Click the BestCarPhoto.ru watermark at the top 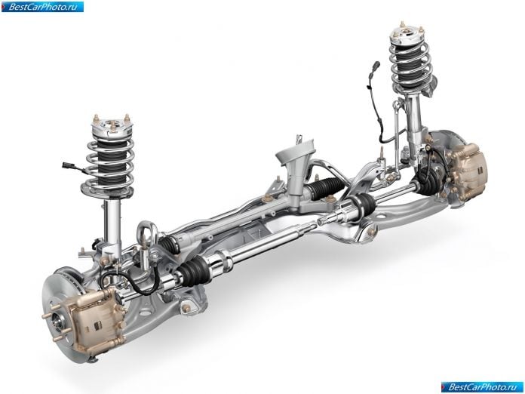[x=42, y=6]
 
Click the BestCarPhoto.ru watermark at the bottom [x=482, y=387]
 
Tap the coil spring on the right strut [x=413, y=63]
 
